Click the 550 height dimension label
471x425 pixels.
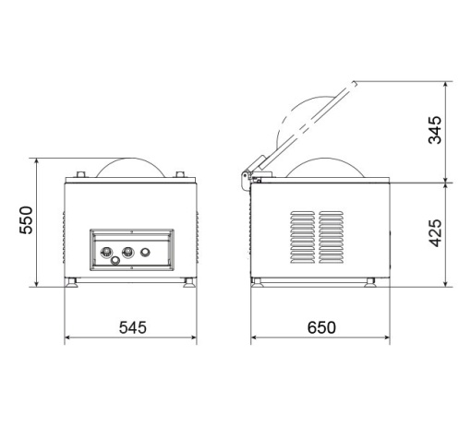click(x=26, y=220)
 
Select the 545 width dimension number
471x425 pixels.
click(x=133, y=327)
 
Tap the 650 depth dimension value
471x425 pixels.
click(x=321, y=327)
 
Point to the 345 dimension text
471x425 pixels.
click(x=435, y=130)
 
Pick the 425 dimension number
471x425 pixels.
click(x=435, y=233)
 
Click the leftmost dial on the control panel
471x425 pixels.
click(x=106, y=252)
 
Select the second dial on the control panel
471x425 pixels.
click(x=128, y=252)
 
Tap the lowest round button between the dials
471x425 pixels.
click(x=115, y=261)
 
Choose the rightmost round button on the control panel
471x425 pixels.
click(x=145, y=253)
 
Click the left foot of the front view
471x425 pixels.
click(x=72, y=282)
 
